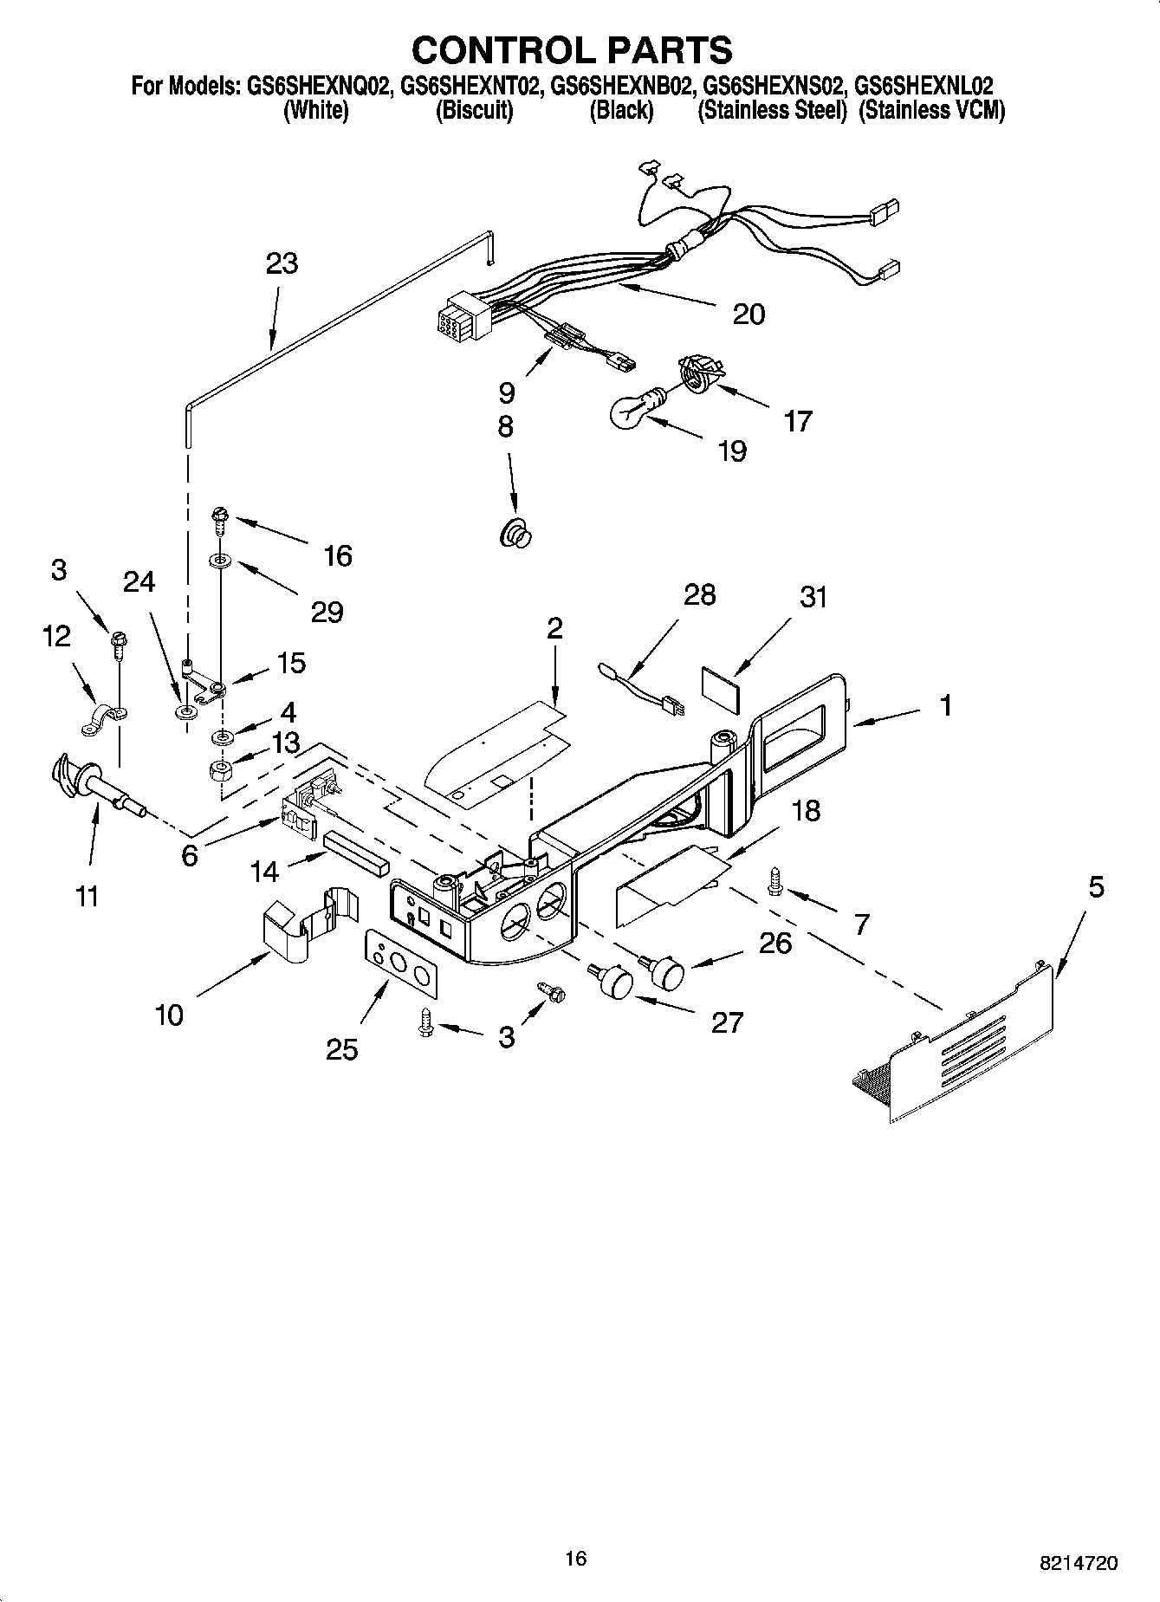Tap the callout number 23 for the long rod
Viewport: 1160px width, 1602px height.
[x=282, y=263]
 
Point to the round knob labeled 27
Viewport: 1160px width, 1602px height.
[x=614, y=981]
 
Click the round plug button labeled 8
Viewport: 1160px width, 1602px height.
[x=515, y=532]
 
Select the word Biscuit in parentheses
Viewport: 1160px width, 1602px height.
[x=474, y=111]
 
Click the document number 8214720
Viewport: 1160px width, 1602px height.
[x=1078, y=1564]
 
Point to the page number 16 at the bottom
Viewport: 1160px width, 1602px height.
[x=575, y=1560]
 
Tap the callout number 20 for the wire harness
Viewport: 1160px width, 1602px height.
[x=748, y=314]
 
